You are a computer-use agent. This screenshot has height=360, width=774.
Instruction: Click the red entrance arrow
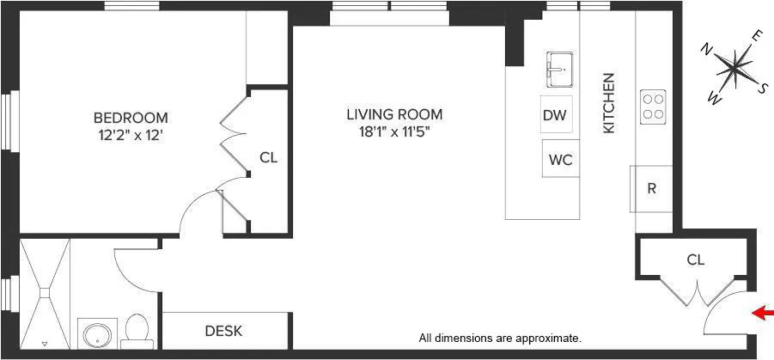click(762, 314)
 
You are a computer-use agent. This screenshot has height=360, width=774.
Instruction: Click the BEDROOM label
click(131, 118)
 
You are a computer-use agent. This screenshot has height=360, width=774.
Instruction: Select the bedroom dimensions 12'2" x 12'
click(131, 134)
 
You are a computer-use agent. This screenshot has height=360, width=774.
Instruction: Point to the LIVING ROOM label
click(394, 113)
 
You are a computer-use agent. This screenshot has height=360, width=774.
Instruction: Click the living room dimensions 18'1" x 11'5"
click(394, 132)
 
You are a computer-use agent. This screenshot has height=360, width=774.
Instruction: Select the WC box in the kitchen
click(560, 159)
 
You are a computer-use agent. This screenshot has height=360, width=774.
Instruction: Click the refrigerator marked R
click(652, 189)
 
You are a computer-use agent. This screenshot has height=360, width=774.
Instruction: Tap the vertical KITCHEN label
click(608, 102)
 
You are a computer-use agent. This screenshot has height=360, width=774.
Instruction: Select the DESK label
click(223, 331)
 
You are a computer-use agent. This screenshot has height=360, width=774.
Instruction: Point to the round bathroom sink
click(94, 333)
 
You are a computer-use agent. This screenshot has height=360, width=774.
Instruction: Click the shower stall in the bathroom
click(43, 293)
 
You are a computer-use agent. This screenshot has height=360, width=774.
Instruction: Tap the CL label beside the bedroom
click(268, 158)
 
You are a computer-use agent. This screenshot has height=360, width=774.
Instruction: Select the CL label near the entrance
click(695, 259)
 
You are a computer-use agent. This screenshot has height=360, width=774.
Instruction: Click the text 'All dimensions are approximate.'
click(500, 339)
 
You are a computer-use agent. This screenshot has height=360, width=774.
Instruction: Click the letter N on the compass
click(706, 48)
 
